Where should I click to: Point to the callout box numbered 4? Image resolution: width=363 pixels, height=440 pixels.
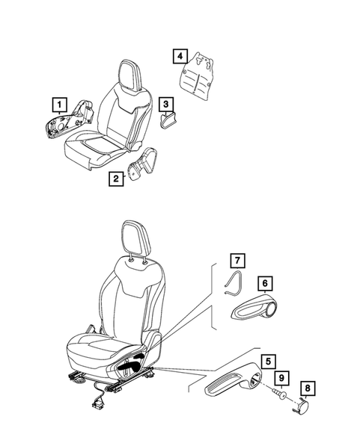pyautogui.click(x=179, y=55)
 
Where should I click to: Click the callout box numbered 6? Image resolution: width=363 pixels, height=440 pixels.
pyautogui.click(x=263, y=283)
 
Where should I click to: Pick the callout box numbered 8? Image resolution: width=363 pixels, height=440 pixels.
pyautogui.click(x=307, y=388)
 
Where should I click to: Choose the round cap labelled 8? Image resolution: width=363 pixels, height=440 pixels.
pyautogui.click(x=306, y=404)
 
